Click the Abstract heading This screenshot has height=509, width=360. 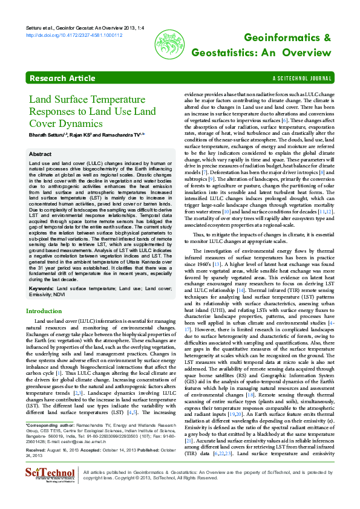41,154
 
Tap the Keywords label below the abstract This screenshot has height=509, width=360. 41,288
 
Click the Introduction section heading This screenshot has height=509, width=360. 44,311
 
